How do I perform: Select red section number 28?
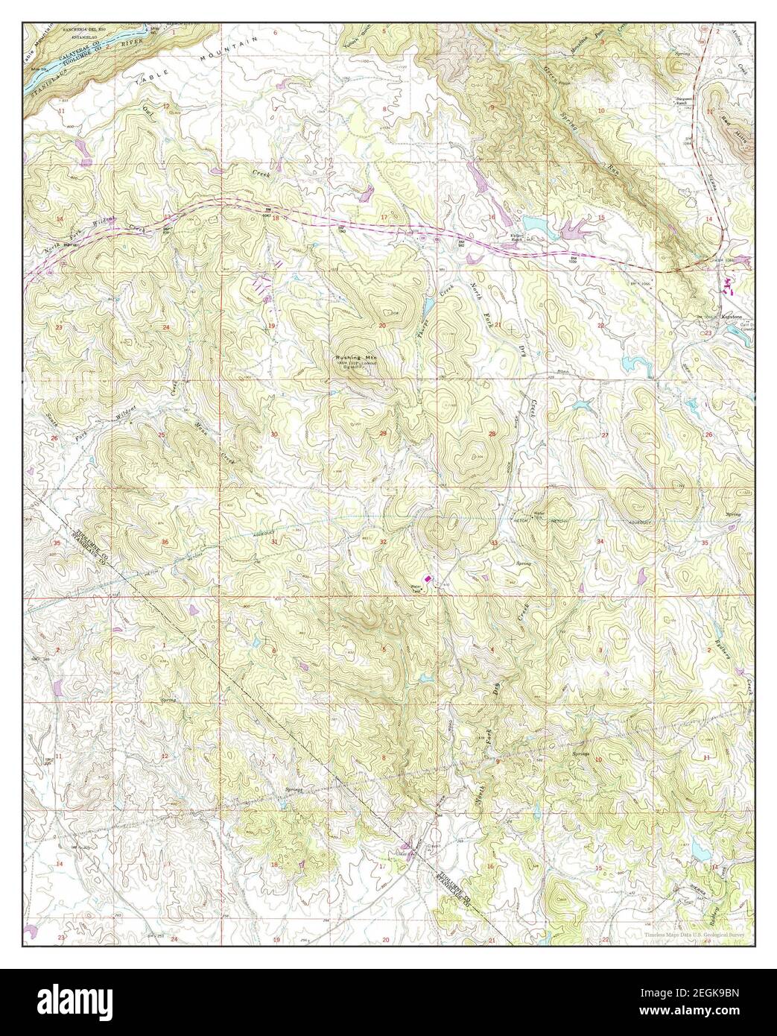492,434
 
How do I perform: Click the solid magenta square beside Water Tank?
428,578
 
